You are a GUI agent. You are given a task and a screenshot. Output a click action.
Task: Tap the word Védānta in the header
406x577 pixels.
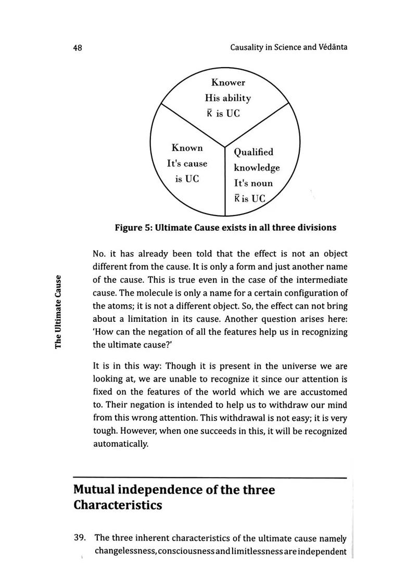click(x=332, y=47)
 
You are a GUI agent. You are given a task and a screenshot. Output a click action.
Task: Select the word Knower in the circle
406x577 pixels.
click(x=227, y=82)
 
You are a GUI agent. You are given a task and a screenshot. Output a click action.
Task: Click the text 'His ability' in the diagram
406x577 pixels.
click(x=227, y=98)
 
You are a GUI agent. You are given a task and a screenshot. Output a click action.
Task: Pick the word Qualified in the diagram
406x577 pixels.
click(x=253, y=152)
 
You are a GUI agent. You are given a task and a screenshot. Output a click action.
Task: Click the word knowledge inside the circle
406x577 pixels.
click(x=257, y=168)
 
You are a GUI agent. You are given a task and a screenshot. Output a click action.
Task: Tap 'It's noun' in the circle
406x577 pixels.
click(x=253, y=183)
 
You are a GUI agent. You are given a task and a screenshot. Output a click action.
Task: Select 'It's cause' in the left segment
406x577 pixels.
click(x=187, y=164)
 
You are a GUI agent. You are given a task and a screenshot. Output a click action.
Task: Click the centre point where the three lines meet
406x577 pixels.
click(x=225, y=147)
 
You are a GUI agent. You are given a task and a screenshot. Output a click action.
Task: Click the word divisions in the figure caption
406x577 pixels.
click(x=315, y=228)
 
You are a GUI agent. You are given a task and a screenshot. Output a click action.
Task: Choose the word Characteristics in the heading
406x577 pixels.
click(x=118, y=506)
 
